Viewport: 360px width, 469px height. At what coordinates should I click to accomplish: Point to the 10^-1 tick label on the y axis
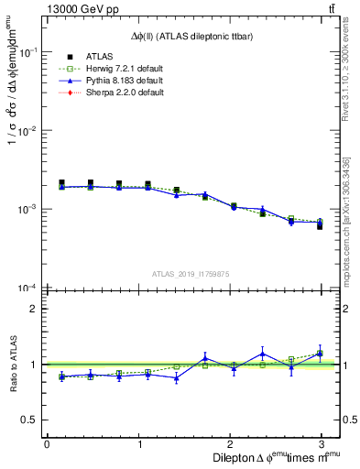coord(30,53)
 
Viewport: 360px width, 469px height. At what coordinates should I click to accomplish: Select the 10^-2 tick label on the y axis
coord(30,131)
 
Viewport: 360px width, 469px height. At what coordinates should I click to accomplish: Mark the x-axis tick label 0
coord(47,443)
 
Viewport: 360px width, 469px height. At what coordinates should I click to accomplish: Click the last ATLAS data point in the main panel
coord(320,225)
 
